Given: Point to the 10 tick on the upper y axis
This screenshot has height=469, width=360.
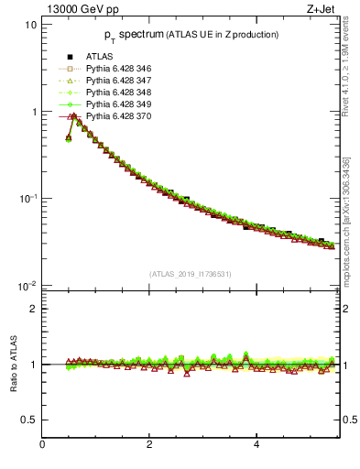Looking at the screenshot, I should (31, 25).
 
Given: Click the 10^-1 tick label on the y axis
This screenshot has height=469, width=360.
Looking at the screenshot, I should (27, 199).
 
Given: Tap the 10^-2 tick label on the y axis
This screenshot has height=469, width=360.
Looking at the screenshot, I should (27, 286).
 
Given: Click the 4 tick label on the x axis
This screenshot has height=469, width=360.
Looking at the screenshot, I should (256, 445).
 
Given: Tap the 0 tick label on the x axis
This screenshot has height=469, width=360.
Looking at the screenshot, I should (42, 445).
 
